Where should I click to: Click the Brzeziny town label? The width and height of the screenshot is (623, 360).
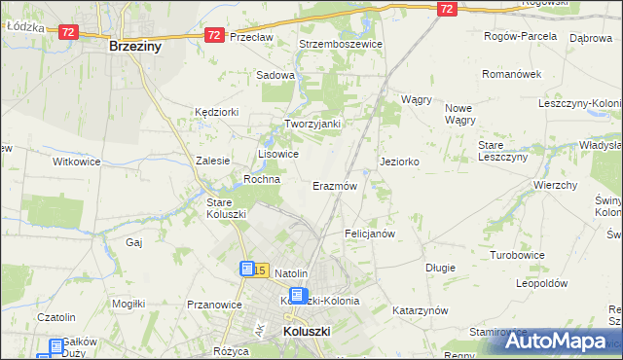(x=135, y=46)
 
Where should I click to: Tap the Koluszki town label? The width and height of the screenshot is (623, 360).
(x=308, y=332)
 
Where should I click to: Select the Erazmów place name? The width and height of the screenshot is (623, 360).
(x=335, y=185)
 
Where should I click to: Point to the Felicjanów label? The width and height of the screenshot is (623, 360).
(x=370, y=234)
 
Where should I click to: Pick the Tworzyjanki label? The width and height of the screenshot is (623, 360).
(x=311, y=124)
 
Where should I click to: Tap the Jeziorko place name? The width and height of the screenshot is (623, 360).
(x=400, y=162)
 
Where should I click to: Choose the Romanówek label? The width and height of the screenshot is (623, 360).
(x=511, y=74)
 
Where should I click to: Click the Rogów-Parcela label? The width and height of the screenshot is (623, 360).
(x=521, y=36)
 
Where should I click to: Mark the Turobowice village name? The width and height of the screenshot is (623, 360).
(x=517, y=254)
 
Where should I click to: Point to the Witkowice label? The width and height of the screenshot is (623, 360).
(x=77, y=162)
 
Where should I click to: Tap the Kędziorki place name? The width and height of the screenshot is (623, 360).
(x=216, y=112)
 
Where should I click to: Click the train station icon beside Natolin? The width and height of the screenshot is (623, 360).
(x=248, y=269)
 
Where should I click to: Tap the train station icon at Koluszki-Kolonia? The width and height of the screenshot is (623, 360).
(x=299, y=297)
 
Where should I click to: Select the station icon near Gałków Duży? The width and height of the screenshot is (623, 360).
(x=55, y=345)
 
